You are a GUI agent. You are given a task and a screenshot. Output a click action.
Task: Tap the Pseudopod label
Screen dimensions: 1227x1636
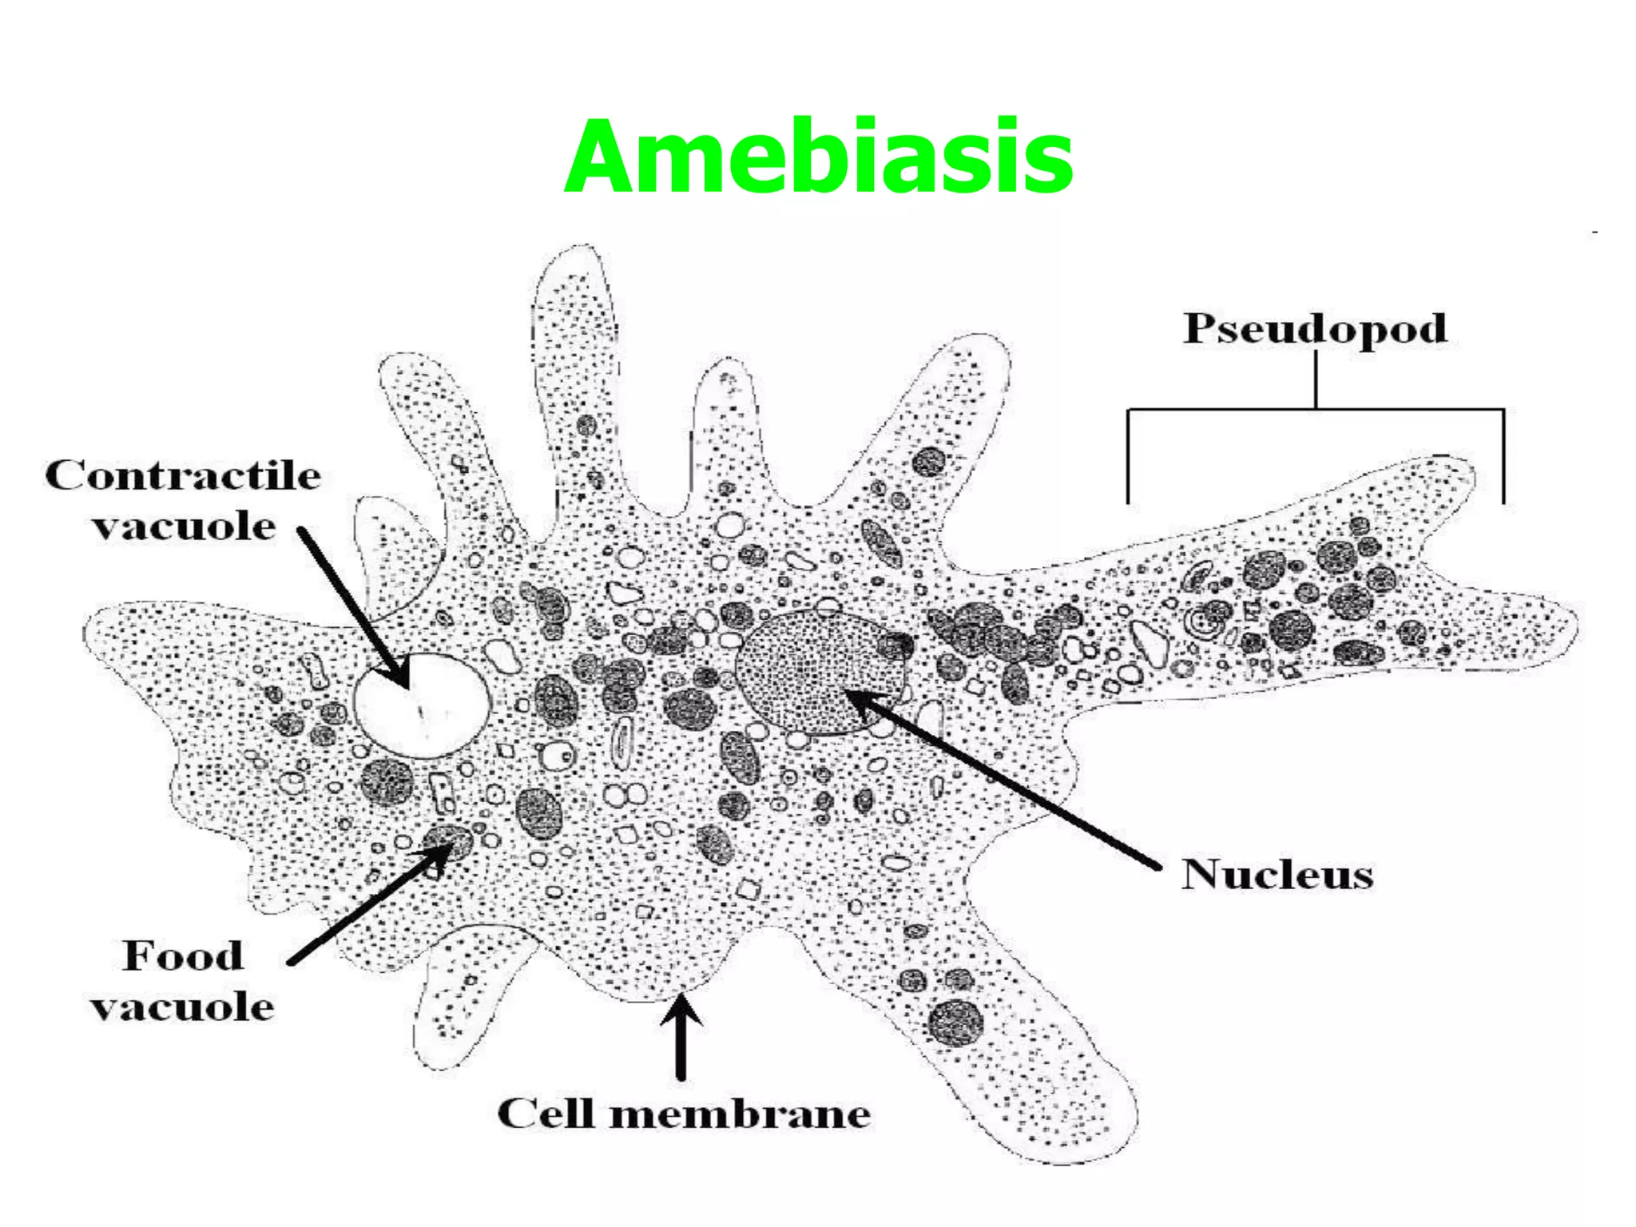[1315, 328]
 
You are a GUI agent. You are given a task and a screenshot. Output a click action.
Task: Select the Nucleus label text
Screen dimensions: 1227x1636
[1277, 874]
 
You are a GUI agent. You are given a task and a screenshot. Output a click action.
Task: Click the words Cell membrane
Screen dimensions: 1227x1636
[684, 1114]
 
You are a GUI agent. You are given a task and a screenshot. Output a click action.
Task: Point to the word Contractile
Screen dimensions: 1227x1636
[183, 476]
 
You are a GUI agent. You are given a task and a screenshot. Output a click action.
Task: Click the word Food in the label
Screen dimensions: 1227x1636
[183, 955]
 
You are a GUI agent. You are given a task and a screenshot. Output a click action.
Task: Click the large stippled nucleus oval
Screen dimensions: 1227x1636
[820, 672]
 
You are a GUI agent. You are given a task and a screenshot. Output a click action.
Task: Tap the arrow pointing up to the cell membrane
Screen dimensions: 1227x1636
[681, 1038]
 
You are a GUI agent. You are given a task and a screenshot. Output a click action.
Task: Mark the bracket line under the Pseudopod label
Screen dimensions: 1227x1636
[1315, 411]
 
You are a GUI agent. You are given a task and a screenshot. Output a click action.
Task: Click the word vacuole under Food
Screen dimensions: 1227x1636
[183, 1007]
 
